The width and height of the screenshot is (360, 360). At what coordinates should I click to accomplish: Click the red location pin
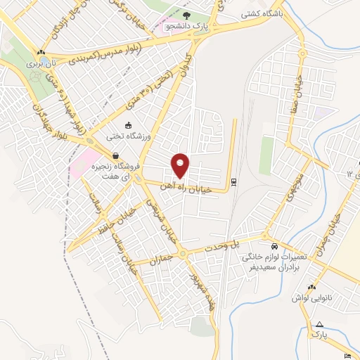[181, 165]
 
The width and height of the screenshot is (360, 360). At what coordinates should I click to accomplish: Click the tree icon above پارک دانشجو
[186, 15]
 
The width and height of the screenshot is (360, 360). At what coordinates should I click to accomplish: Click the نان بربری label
[41, 63]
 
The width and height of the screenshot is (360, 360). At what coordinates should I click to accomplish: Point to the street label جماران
[161, 259]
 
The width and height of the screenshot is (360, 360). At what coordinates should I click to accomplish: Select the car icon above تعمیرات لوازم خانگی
[274, 247]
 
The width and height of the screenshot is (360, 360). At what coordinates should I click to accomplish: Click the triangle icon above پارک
[320, 324]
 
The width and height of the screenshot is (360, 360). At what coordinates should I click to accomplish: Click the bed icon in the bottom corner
[349, 356]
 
